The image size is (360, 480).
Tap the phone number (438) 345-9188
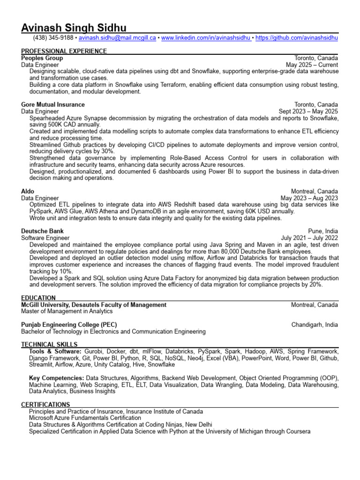pos(53,37)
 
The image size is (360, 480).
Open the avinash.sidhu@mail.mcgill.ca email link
pos(117,37)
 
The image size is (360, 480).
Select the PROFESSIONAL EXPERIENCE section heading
pos(64,51)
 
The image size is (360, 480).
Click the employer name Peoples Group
pos(42,58)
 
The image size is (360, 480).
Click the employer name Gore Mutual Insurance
pos(53,105)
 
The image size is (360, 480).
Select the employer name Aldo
pos(28,191)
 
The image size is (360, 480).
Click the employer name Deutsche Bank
pos(42,231)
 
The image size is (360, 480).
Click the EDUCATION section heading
pos(38,298)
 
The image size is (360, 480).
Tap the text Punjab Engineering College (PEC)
pos(69,324)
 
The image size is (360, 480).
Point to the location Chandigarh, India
pos(315,324)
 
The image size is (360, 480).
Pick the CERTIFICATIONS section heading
pos(45,405)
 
